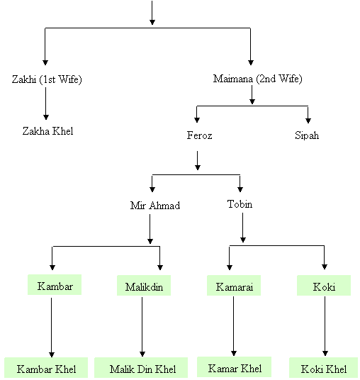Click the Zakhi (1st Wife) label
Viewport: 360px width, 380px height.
coord(47,79)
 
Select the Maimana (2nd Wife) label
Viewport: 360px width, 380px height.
coord(257,79)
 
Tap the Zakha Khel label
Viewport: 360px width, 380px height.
coord(47,131)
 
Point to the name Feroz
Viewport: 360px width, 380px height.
coord(199,135)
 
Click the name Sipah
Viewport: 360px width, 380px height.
coord(307,135)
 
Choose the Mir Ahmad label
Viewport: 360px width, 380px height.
coord(155,206)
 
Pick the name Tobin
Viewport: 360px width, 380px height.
coord(240,204)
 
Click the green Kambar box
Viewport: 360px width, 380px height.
coord(55,285)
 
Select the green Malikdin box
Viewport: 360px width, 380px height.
coord(144,285)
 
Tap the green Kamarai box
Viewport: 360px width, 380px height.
coord(234,285)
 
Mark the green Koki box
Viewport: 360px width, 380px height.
coord(324,285)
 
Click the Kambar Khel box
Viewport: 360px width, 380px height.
coord(46,368)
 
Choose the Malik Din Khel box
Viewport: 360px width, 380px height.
coord(141,368)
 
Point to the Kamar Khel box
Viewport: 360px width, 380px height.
coord(235,367)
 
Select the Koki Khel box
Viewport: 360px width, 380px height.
coord(324,368)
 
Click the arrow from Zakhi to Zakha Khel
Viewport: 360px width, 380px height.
coord(46,104)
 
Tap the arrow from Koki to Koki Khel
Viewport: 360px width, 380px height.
coord(325,326)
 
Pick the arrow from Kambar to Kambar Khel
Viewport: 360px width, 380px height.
coord(51,328)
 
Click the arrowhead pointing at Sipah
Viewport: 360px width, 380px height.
coord(308,121)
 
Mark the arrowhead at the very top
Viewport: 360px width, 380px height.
coord(152,22)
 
